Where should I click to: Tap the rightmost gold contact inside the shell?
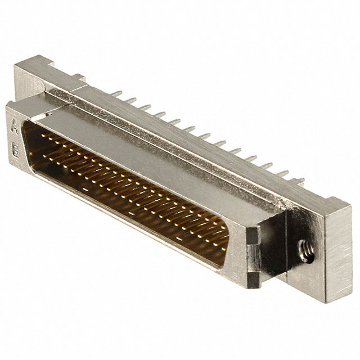pos(225,247)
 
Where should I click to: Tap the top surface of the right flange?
pos(332,205)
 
